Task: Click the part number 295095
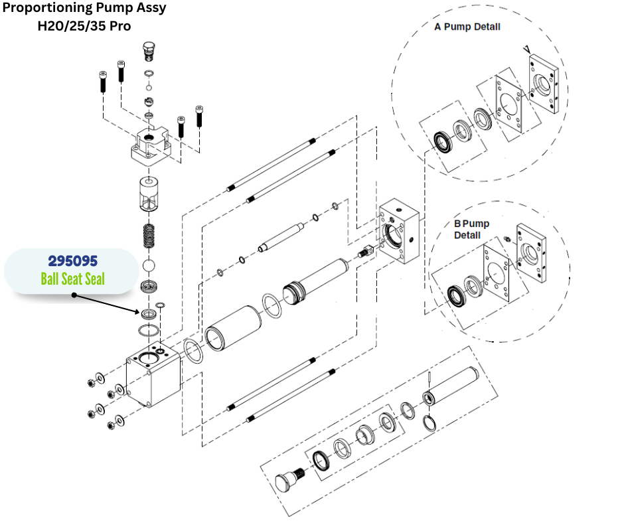[x=72, y=261]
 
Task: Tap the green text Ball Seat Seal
[x=72, y=279]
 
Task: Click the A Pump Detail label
[x=467, y=27]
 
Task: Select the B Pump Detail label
[x=471, y=229]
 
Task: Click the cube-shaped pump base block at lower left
[x=154, y=375]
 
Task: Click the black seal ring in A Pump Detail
[x=441, y=141]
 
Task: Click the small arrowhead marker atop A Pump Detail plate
[x=526, y=49]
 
